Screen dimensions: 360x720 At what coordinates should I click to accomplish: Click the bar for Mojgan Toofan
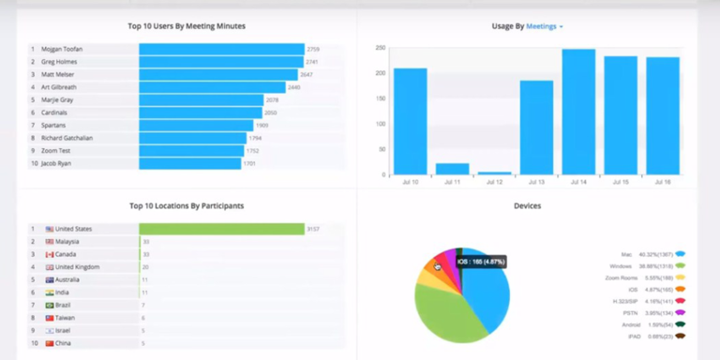click(x=221, y=49)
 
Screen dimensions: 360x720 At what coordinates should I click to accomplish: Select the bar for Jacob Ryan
click(x=190, y=163)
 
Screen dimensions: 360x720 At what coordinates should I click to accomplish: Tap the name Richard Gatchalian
click(x=67, y=138)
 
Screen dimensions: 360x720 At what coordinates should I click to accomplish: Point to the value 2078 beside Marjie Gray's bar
click(x=272, y=99)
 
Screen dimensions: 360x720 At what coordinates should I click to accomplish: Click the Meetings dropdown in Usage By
click(x=545, y=26)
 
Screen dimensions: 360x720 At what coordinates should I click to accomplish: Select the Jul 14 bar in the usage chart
click(x=578, y=111)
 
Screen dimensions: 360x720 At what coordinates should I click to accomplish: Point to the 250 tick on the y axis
click(x=380, y=47)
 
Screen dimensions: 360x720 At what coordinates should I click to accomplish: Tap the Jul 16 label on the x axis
click(x=662, y=182)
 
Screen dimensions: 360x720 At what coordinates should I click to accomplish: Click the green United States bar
click(x=221, y=229)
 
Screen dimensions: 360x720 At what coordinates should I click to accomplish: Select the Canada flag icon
click(x=49, y=254)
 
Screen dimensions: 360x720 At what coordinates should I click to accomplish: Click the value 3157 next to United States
click(x=314, y=229)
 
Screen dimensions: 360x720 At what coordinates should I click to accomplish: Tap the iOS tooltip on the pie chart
click(x=481, y=262)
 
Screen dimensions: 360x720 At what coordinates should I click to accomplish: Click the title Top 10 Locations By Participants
click(x=187, y=205)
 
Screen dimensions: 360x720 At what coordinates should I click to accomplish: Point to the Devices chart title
click(x=528, y=205)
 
